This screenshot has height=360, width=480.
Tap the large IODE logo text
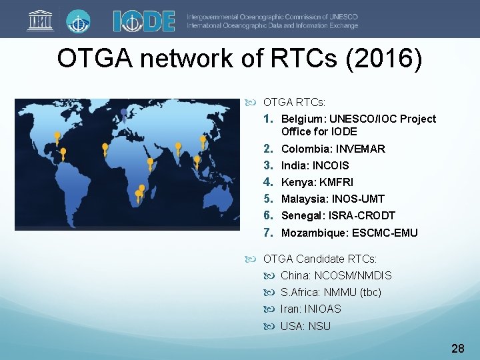click(x=143, y=21)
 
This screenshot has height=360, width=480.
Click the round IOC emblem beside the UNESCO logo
click(x=79, y=20)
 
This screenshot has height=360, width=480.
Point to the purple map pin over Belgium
click(x=124, y=113)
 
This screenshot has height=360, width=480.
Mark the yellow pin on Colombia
click(x=63, y=153)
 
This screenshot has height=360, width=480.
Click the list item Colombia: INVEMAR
click(x=333, y=149)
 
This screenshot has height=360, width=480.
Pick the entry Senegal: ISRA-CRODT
click(x=337, y=215)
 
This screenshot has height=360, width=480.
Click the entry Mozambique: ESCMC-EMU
click(x=349, y=233)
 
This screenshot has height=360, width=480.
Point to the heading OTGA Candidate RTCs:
click(x=319, y=259)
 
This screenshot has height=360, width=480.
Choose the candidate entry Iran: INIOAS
click(x=310, y=309)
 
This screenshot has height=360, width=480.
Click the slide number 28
click(x=457, y=348)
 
